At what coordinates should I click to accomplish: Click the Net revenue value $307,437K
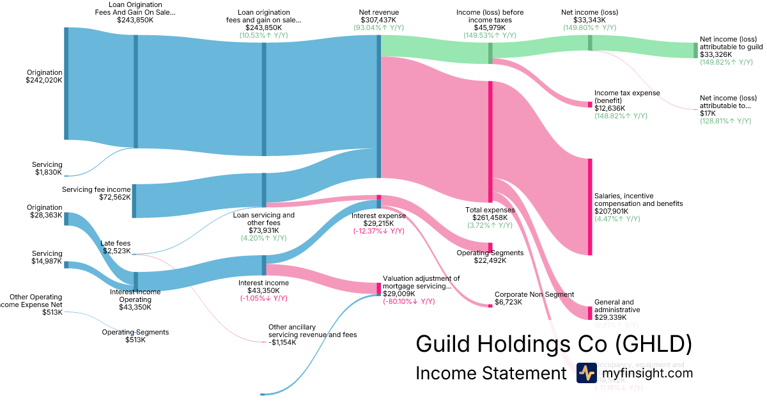[x=378, y=20]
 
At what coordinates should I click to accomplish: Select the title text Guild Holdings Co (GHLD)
[x=554, y=344]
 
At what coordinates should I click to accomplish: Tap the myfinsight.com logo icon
[x=586, y=373]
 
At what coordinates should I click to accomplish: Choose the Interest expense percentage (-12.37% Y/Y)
[x=378, y=231]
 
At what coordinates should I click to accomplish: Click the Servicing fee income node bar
[x=134, y=201]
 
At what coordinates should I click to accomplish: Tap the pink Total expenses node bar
[x=490, y=141]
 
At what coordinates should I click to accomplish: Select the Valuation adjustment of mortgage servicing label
[x=421, y=282]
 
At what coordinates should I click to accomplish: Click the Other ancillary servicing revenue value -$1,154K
[x=283, y=342]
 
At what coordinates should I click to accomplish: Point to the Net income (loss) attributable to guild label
[x=731, y=43]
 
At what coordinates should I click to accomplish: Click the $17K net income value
[x=708, y=113]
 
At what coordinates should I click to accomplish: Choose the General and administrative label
[x=614, y=306]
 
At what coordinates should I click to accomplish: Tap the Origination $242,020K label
[x=44, y=77]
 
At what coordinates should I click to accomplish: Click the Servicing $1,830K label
[x=49, y=168]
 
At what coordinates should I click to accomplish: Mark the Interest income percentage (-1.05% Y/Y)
[x=263, y=298]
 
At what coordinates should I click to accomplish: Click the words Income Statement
[x=491, y=373]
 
